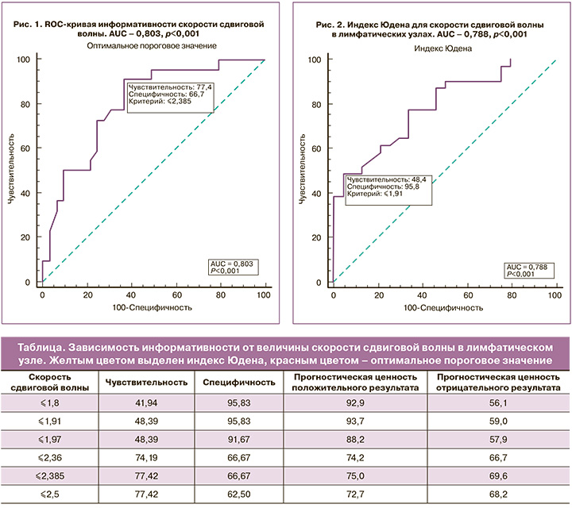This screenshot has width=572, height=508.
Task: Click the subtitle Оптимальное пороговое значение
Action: pyautogui.click(x=152, y=46)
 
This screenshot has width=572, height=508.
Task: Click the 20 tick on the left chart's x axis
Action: pyautogui.click(x=86, y=294)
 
